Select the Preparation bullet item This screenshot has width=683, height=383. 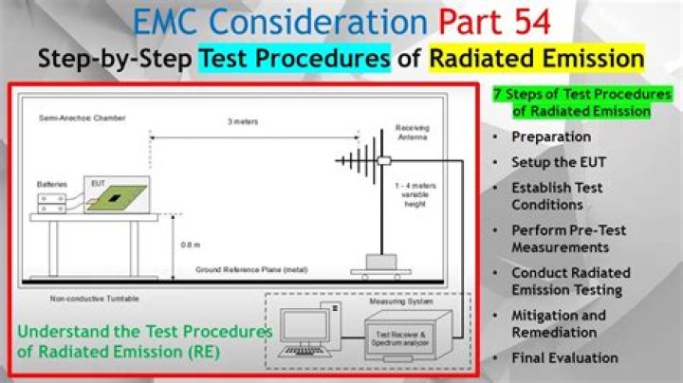click(551, 137)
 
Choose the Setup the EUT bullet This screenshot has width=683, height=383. click(559, 162)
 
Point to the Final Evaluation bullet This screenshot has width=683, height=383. click(564, 357)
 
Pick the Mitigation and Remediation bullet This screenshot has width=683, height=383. click(559, 324)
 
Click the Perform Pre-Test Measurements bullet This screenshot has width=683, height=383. click(568, 239)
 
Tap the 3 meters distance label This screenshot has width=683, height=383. click(243, 121)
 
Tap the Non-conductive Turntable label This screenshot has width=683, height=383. click(92, 299)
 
